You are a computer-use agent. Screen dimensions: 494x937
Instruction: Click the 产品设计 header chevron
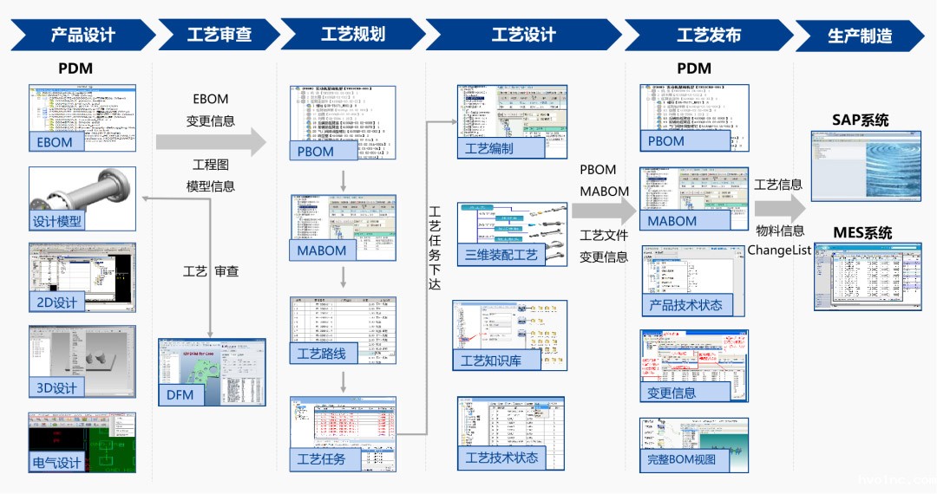pos(82,36)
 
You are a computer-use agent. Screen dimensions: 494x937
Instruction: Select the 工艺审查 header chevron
pos(220,36)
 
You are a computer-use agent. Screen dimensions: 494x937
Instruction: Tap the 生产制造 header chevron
pos(859,36)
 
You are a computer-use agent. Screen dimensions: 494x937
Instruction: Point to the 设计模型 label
pos(57,221)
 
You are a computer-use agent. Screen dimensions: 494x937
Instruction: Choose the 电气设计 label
pos(56,462)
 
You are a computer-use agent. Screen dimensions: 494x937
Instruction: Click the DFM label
pos(180,396)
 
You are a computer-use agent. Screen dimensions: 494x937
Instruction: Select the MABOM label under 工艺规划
pos(322,250)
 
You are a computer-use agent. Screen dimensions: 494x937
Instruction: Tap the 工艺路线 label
pos(322,354)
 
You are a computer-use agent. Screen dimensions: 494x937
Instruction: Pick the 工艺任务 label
pos(321,458)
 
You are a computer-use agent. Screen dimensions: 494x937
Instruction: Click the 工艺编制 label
pos(489,148)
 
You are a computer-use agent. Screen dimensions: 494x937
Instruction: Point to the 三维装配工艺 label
pos(501,255)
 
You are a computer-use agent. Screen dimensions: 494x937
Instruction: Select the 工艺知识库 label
pos(491,361)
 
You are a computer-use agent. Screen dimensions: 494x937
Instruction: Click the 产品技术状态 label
pos(685,305)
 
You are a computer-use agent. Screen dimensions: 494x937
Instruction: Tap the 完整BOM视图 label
pos(682,459)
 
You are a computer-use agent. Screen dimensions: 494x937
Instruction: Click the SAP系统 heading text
pos(860,120)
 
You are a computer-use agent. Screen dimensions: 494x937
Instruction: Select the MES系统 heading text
pos(862,232)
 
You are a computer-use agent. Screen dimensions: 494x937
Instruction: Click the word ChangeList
pos(779,250)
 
